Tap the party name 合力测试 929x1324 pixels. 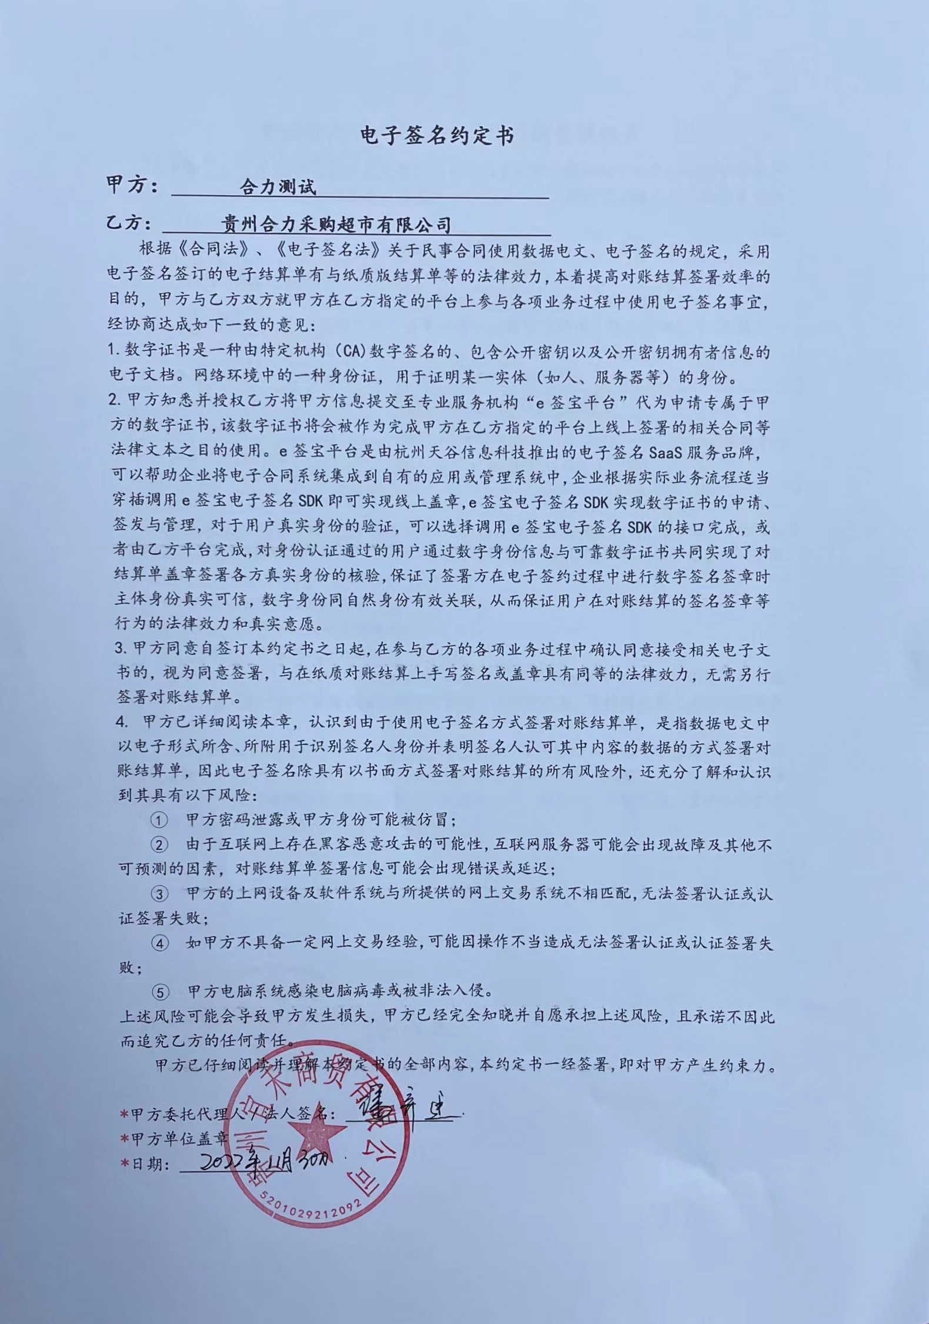coord(278,187)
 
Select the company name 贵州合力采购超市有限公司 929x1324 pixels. coord(336,224)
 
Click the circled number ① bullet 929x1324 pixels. coord(159,820)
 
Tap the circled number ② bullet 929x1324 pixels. coord(159,845)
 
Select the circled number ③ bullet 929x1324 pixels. coord(159,894)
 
